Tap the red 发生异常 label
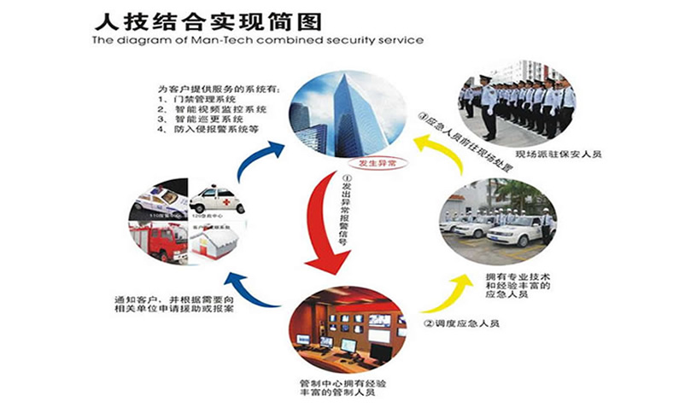[378, 160]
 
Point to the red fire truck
[158, 242]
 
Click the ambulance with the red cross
[217, 201]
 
